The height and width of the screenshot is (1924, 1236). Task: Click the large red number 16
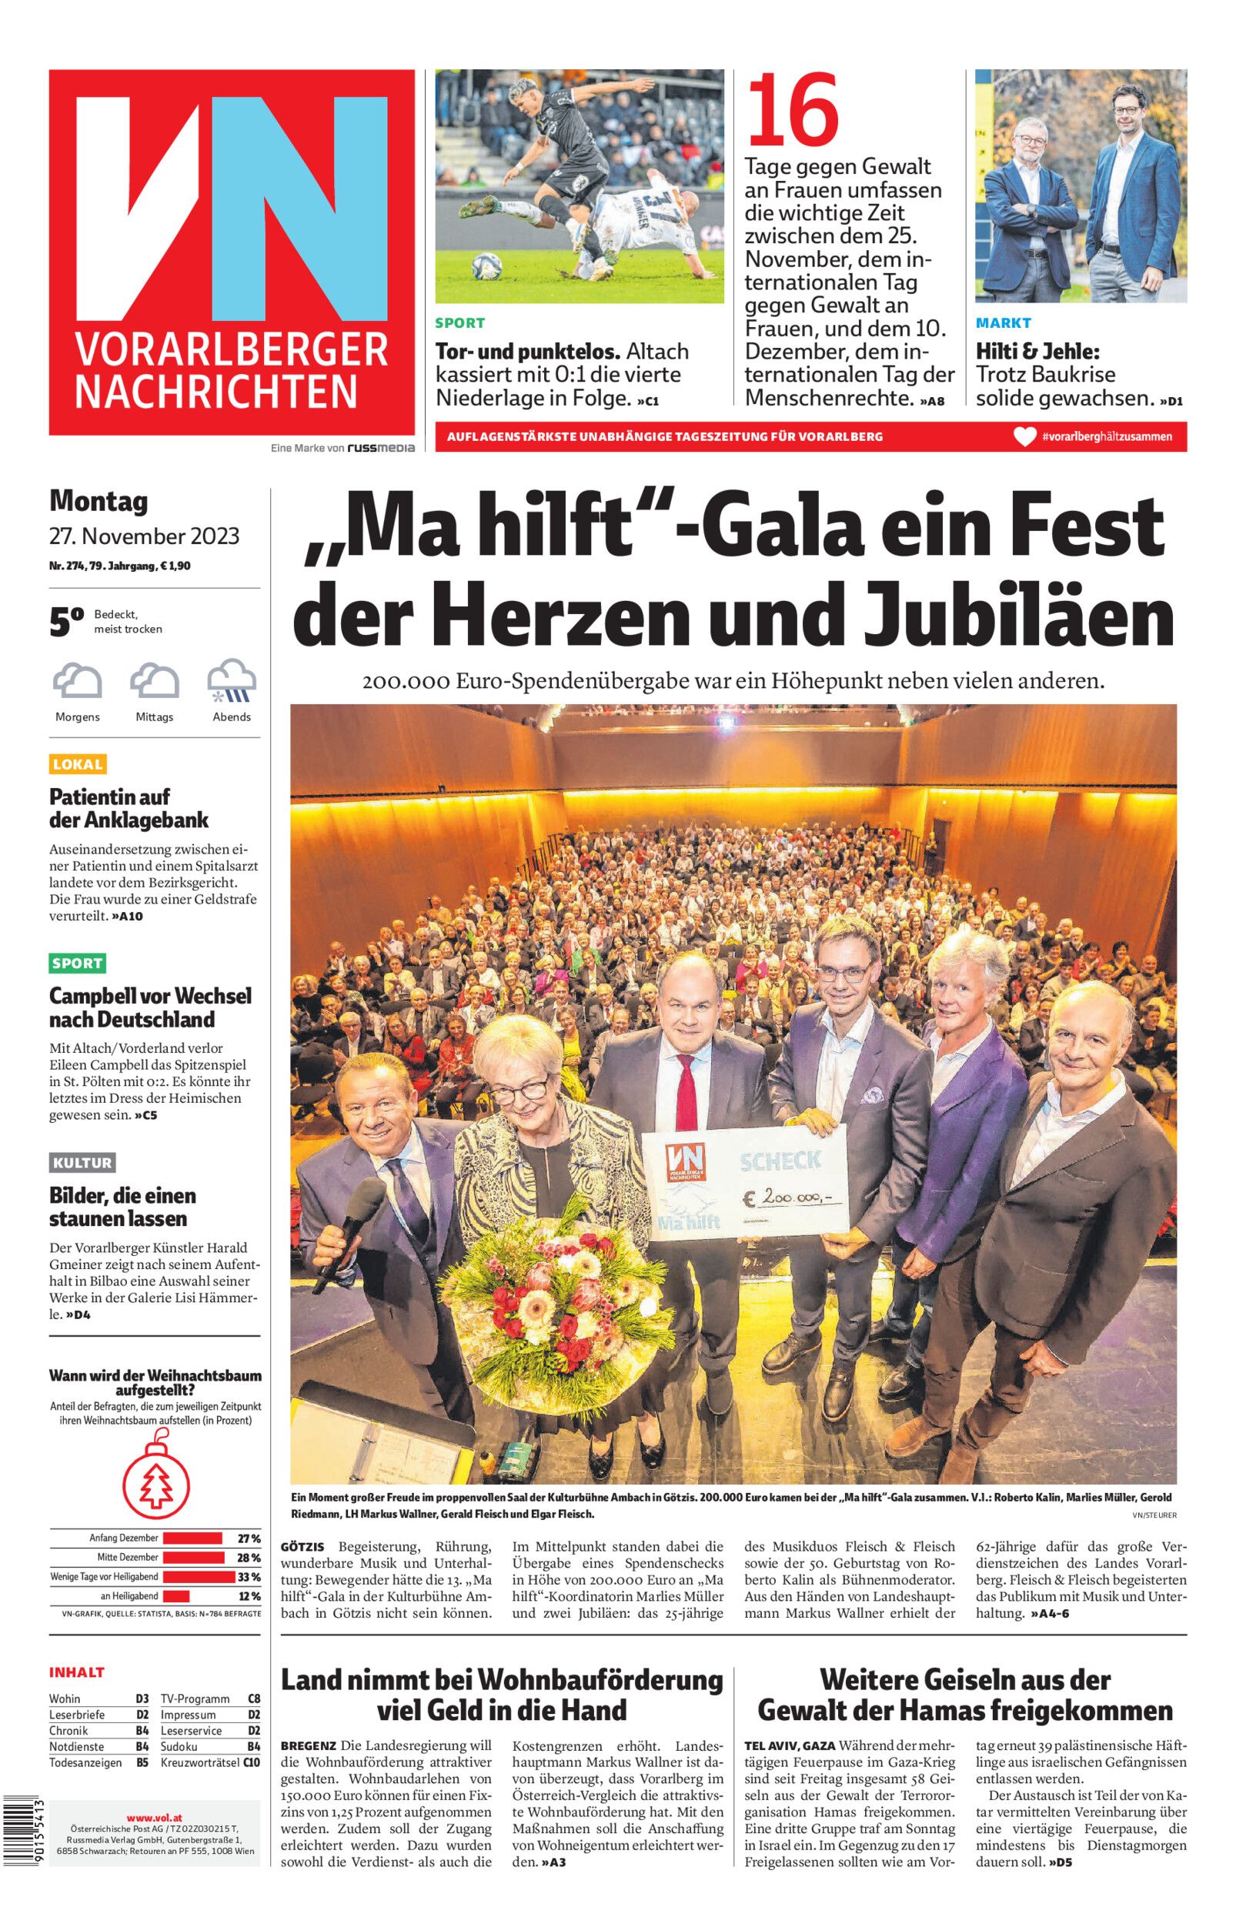click(793, 111)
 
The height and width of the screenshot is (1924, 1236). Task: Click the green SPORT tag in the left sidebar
click(78, 964)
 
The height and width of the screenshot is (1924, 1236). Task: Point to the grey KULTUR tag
click(82, 1163)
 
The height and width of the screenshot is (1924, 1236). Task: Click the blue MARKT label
click(1004, 323)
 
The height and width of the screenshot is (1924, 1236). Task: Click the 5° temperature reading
click(67, 623)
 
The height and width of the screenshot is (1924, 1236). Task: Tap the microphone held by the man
click(353, 1226)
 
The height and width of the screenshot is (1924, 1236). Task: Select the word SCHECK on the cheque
click(780, 1161)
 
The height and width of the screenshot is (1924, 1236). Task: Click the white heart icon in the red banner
click(1025, 437)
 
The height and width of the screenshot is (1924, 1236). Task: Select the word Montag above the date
click(99, 502)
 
